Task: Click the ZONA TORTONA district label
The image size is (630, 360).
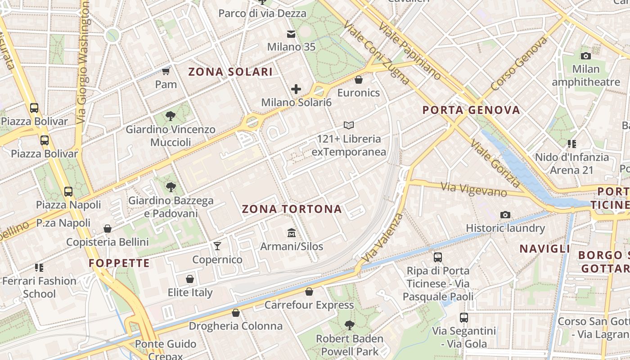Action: coord(292,209)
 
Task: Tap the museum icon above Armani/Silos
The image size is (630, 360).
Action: coord(292,233)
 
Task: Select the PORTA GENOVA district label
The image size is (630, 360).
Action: coord(471,110)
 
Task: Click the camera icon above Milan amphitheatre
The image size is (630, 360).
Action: coord(585,56)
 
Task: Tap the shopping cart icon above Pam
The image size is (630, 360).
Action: coord(166,71)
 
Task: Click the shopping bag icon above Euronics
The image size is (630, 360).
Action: coord(359,80)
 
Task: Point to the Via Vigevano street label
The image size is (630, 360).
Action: coord(474,189)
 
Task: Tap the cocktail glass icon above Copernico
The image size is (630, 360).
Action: coord(217,246)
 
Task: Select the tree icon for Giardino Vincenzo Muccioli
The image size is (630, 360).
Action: coord(171,116)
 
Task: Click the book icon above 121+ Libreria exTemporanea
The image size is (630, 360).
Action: coord(349,125)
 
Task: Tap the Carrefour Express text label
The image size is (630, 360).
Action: coord(309,305)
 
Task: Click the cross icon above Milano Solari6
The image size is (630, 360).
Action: coord(296,89)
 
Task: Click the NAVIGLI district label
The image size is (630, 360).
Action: coord(544,249)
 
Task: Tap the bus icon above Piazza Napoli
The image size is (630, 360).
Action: coord(68,191)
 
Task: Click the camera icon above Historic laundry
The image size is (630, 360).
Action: coord(505,215)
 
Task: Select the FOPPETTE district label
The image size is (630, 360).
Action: coord(119,263)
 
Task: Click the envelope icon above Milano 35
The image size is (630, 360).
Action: coord(291,34)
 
